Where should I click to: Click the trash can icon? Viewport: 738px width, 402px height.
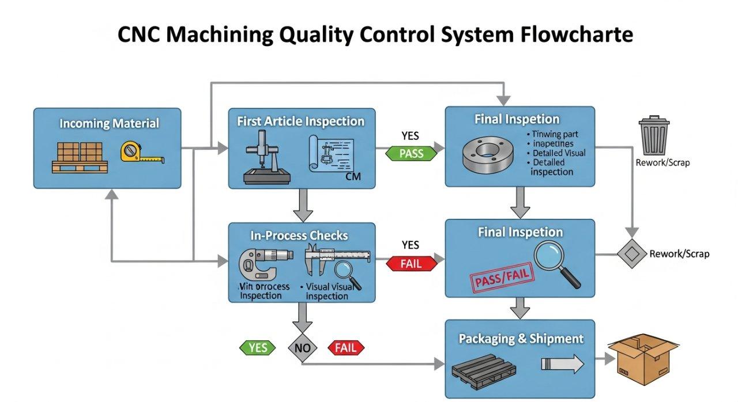pyautogui.click(x=654, y=136)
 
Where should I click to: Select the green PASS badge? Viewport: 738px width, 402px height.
pyautogui.click(x=411, y=153)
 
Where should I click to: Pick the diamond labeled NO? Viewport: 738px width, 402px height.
pyautogui.click(x=303, y=347)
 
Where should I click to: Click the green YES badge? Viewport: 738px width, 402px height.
pyautogui.click(x=258, y=347)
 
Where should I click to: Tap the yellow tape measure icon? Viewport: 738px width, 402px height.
pyautogui.click(x=140, y=153)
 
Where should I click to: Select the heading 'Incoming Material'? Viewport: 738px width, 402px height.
pyautogui.click(x=109, y=123)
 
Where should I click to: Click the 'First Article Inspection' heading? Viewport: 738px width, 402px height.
pyautogui.click(x=300, y=122)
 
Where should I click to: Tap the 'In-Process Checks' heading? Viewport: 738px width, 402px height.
pyautogui.click(x=299, y=236)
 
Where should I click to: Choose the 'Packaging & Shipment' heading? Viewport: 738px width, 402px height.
pyautogui.click(x=521, y=339)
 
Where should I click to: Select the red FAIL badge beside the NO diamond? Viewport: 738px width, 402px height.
pyautogui.click(x=346, y=347)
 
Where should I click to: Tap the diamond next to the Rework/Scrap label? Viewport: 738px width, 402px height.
pyautogui.click(x=632, y=254)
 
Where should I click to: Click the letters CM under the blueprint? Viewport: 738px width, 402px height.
pyautogui.click(x=352, y=177)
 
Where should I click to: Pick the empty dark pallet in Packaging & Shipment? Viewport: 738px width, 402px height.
pyautogui.click(x=482, y=371)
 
